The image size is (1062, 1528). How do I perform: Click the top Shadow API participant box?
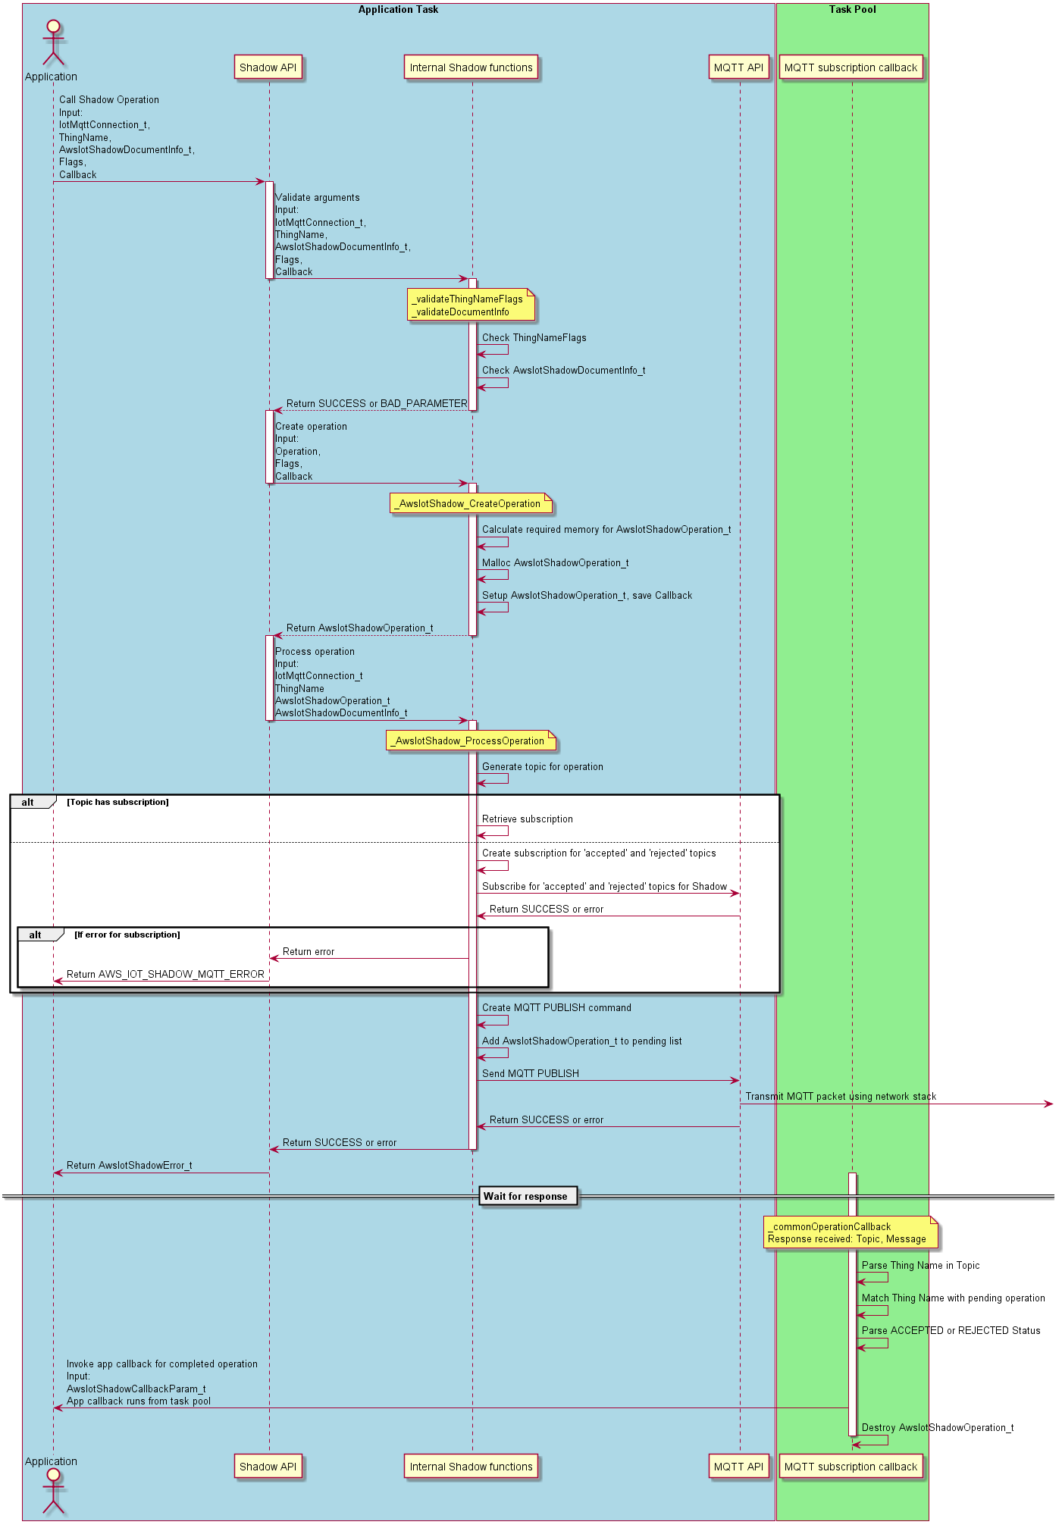point(268,67)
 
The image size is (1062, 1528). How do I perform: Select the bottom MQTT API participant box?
point(738,1467)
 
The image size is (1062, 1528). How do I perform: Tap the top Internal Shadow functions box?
point(471,67)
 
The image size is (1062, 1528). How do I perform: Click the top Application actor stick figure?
point(53,44)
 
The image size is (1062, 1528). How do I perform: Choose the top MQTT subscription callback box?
point(851,67)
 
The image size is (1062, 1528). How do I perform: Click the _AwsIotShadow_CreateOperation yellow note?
point(471,504)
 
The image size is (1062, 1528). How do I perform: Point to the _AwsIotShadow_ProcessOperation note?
point(471,741)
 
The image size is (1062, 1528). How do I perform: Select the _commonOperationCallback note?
point(850,1232)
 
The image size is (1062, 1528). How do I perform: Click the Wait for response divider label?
point(525,1196)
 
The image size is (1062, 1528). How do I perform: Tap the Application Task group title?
point(398,10)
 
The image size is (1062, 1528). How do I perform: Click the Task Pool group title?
point(852,10)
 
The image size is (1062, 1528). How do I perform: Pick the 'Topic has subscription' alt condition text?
point(117,802)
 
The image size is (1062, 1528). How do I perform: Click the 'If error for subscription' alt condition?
point(127,935)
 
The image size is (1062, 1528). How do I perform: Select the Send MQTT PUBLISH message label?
point(531,1073)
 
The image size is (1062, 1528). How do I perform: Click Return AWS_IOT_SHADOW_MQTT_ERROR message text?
point(165,974)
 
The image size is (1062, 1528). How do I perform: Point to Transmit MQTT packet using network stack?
point(841,1096)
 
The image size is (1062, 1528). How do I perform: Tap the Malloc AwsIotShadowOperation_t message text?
point(556,562)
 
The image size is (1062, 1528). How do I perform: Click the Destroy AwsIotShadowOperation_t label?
point(938,1427)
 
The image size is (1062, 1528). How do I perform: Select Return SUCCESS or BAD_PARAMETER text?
point(377,403)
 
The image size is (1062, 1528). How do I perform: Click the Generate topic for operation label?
point(543,766)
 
